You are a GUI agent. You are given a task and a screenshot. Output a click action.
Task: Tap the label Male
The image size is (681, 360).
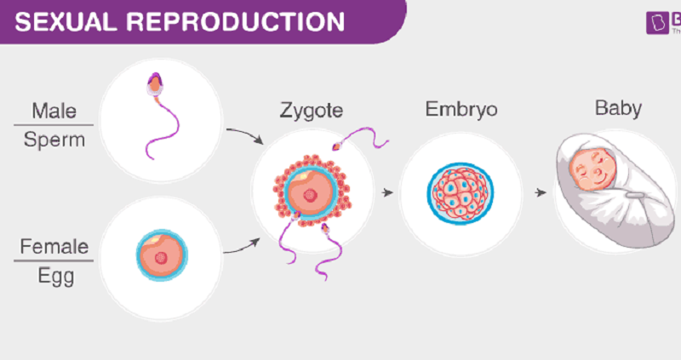click(x=54, y=110)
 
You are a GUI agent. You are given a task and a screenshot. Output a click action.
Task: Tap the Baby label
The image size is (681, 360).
click(x=619, y=108)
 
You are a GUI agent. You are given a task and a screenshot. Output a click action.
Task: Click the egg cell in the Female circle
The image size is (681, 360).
click(x=162, y=255)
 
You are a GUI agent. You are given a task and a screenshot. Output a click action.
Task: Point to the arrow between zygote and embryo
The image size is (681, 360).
click(x=388, y=193)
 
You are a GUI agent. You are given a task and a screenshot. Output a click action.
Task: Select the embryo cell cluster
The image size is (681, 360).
click(x=460, y=193)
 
